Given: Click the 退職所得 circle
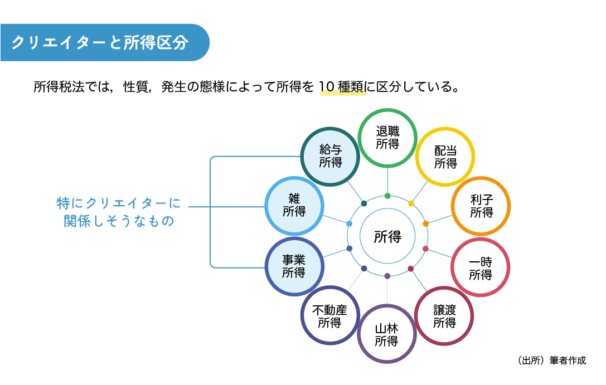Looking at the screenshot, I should (x=387, y=138).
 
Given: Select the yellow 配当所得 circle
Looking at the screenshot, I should (x=445, y=157).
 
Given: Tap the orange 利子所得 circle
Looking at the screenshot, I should (x=481, y=206).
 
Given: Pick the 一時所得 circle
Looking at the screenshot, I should (x=480, y=268).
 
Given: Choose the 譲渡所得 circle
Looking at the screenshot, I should (x=444, y=316).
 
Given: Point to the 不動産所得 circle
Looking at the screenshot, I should (x=329, y=316).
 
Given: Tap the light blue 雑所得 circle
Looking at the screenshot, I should (x=294, y=205).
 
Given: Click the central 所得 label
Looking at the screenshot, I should (x=387, y=236).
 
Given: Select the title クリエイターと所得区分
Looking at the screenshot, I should (x=100, y=43).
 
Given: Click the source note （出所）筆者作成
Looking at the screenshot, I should (x=551, y=360).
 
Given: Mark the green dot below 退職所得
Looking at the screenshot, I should (x=387, y=196).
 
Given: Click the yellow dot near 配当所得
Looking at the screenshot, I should (x=411, y=203).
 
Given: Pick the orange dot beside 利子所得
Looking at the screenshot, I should (x=426, y=223).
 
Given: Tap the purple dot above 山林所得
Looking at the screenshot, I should (x=387, y=276).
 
